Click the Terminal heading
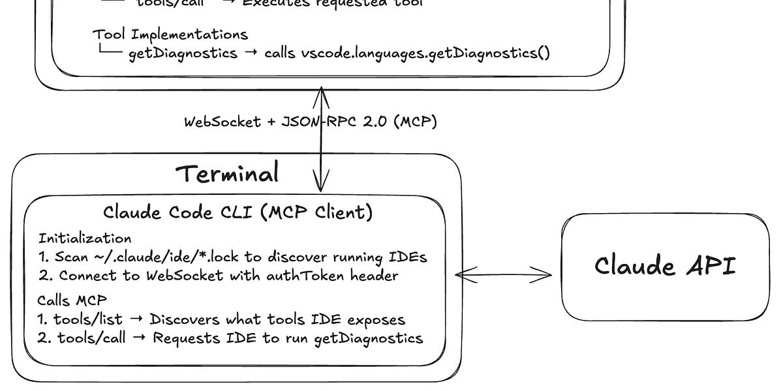[x=228, y=174]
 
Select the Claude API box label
[x=665, y=266]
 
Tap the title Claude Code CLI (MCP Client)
[x=238, y=212]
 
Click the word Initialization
[x=85, y=238]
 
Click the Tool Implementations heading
[x=170, y=34]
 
